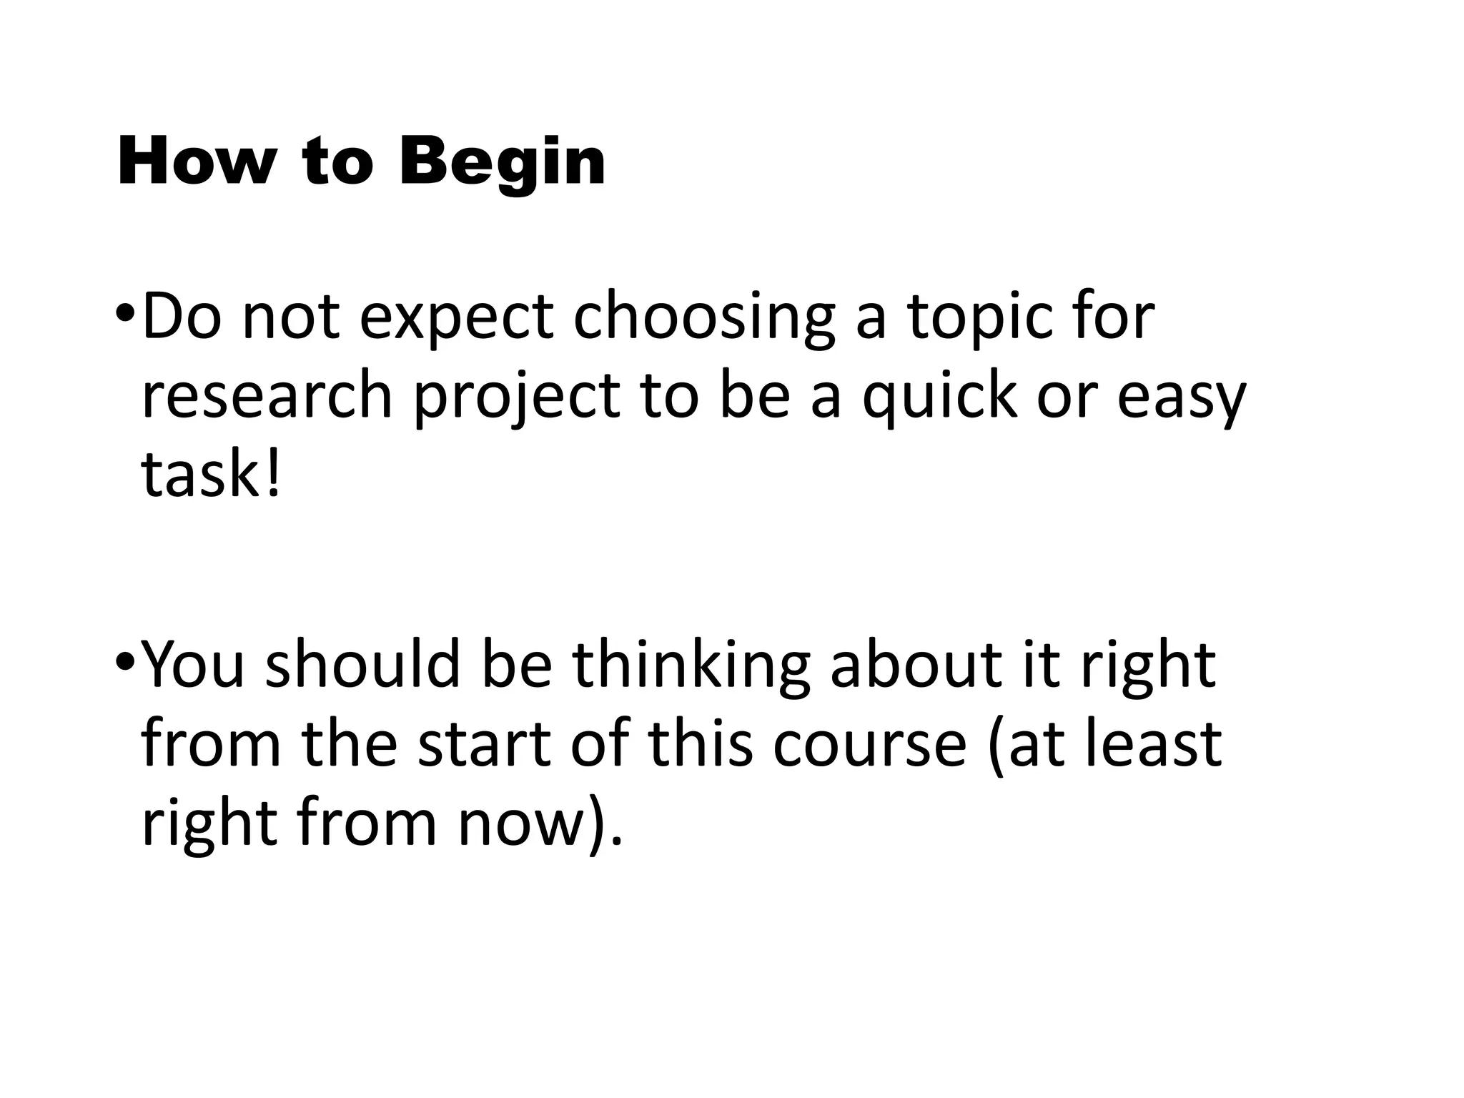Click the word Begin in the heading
[503, 164]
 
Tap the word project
[517, 397]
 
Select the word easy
[1181, 397]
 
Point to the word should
[362, 665]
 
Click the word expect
[456, 318]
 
